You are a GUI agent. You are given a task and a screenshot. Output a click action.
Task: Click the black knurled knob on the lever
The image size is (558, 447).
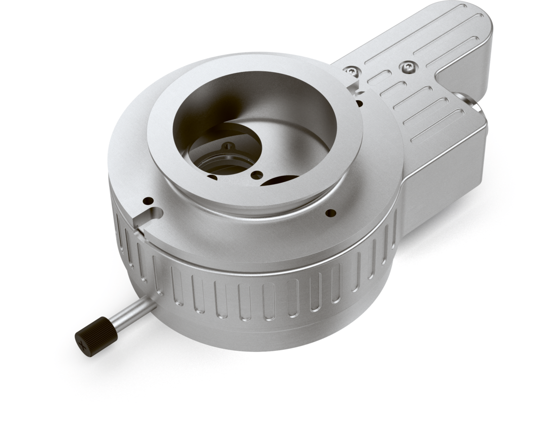click(x=96, y=337)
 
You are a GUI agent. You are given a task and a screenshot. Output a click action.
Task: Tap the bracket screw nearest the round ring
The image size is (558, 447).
click(x=353, y=72)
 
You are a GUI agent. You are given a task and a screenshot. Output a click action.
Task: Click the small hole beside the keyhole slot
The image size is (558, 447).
click(x=148, y=201)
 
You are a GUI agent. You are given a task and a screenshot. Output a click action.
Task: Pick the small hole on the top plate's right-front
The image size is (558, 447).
click(x=330, y=213)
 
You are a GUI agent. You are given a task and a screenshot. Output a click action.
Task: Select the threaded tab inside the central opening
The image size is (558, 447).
click(x=228, y=148)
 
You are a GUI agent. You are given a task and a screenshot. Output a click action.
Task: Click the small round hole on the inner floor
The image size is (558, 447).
click(x=257, y=175)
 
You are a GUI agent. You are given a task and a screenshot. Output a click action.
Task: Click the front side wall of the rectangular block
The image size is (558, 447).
click(x=438, y=184)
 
